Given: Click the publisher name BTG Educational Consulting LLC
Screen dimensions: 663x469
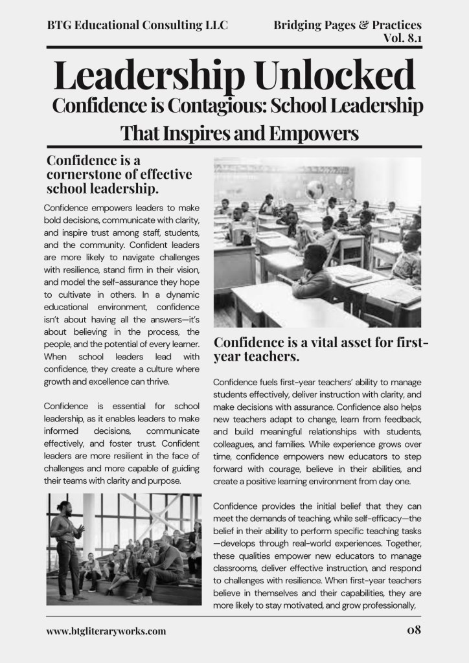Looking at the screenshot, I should (137, 25).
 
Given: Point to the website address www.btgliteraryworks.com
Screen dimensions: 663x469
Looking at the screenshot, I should (106, 631).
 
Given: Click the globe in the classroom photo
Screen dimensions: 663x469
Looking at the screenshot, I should (315, 190).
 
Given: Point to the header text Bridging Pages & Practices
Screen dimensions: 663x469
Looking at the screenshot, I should (347, 25).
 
